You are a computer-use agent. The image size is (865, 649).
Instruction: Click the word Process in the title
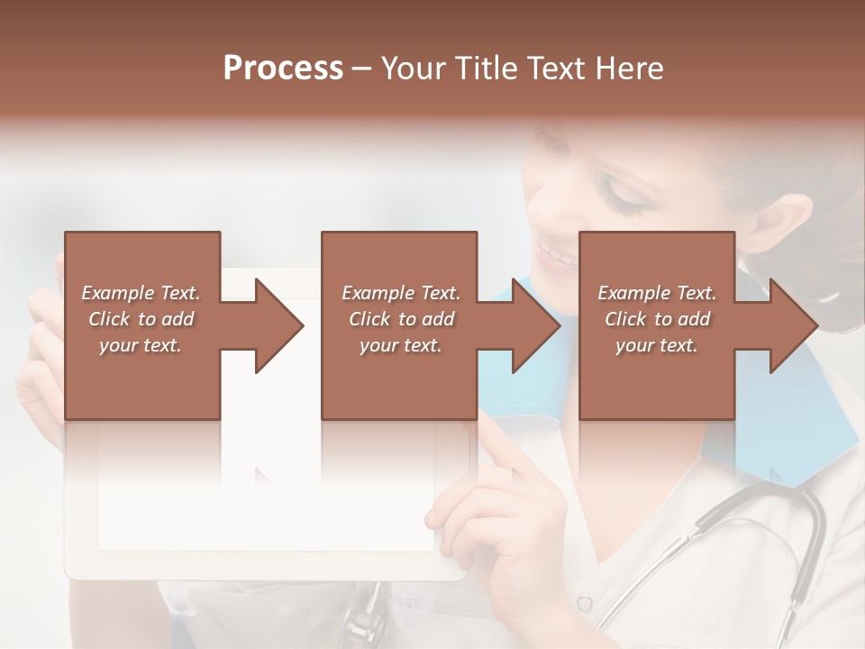coord(283,69)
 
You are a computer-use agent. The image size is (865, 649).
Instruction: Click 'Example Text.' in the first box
coord(141,293)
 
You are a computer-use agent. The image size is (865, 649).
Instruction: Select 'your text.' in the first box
coord(141,345)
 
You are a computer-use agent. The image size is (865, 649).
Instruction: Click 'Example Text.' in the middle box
coord(401,293)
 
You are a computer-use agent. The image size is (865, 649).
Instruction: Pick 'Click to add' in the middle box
coord(401,319)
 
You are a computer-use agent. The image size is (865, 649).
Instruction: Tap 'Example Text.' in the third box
coord(657,293)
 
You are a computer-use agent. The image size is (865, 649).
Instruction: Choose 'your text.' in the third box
coord(657,345)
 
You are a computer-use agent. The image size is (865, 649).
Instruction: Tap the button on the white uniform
coord(585,602)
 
